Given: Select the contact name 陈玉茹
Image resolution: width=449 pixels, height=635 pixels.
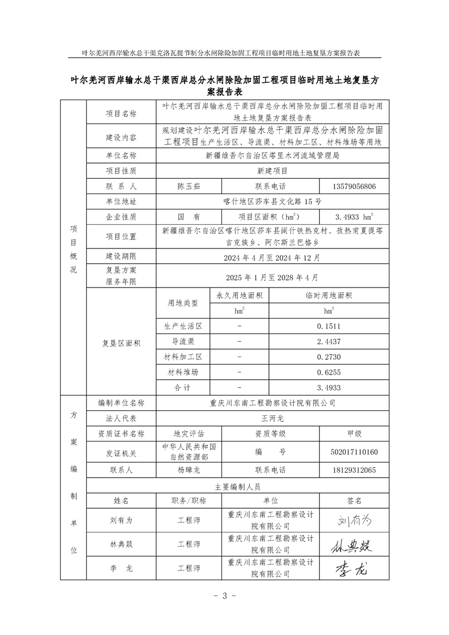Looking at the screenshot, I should pyautogui.click(x=189, y=186).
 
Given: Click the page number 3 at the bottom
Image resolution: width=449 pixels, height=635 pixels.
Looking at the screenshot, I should pyautogui.click(x=224, y=595).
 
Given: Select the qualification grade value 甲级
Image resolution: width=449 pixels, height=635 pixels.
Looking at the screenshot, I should pyautogui.click(x=354, y=434).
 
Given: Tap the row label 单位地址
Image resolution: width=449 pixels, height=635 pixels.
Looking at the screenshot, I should pyautogui.click(x=121, y=201).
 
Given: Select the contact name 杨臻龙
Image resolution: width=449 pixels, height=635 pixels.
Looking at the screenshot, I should pyautogui.click(x=189, y=470).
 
